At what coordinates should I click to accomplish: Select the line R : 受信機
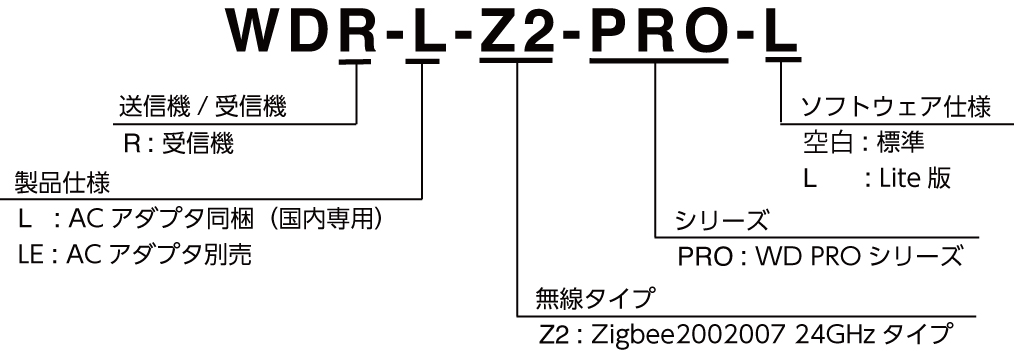pyautogui.click(x=178, y=145)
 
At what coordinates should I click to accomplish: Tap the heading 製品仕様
pyautogui.click(x=61, y=182)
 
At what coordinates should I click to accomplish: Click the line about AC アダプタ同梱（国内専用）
pyautogui.click(x=201, y=218)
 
